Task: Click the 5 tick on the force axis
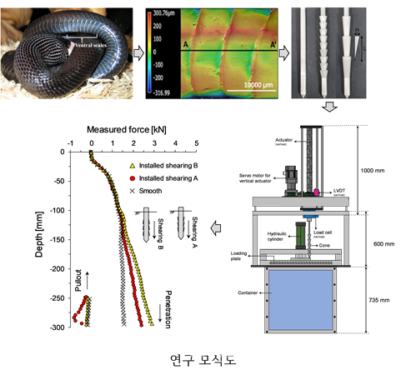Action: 196,143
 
